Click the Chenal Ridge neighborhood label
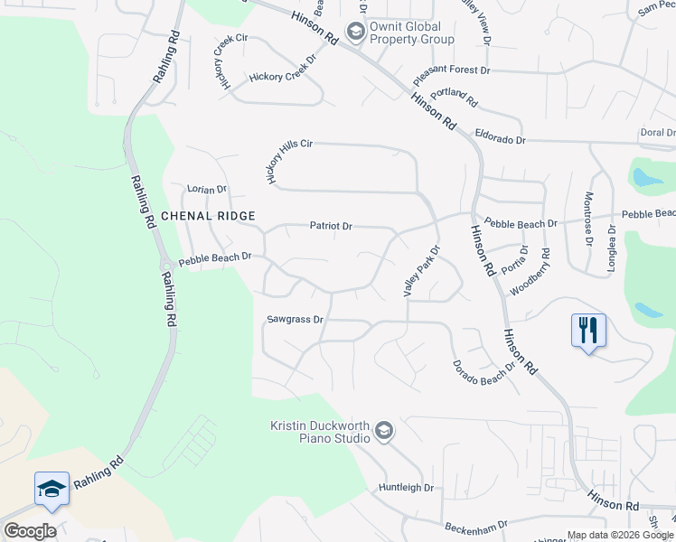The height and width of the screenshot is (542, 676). (208, 216)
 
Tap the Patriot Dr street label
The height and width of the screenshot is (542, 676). (331, 226)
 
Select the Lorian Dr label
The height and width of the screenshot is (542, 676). (207, 190)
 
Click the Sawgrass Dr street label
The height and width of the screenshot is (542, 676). (295, 320)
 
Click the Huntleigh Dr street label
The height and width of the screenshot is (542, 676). (406, 488)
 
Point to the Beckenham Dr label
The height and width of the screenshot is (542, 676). (475, 523)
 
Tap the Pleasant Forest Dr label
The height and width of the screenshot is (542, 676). (451, 69)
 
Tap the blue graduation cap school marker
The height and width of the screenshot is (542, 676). (52, 489)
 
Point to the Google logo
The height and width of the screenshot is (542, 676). (29, 531)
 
